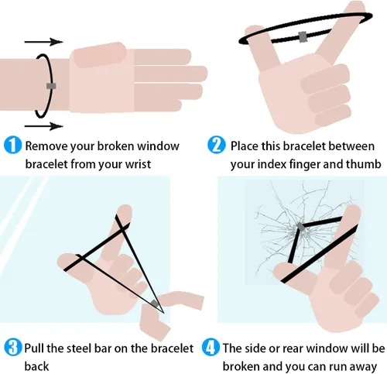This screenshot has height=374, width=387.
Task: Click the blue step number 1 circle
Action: coord(12,146)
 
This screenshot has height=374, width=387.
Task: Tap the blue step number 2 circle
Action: coord(216,146)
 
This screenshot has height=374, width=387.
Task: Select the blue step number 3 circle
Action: coord(12,348)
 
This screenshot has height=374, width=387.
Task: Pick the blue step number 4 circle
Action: coord(211,348)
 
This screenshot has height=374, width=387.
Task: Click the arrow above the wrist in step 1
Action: coord(44,42)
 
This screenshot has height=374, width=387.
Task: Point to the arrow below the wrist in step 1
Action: coord(44,126)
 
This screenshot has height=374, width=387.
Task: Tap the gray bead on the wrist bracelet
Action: coord(51,86)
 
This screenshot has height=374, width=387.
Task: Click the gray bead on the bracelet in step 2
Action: coord(303,36)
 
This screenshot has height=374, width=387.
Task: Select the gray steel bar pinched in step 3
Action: coord(154,304)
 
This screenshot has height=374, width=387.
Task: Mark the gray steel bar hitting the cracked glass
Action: coord(300,227)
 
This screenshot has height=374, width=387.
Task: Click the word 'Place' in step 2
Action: coord(244,146)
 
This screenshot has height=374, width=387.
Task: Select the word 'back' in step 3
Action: coord(36,366)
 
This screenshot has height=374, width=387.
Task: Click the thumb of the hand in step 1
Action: coord(99,55)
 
